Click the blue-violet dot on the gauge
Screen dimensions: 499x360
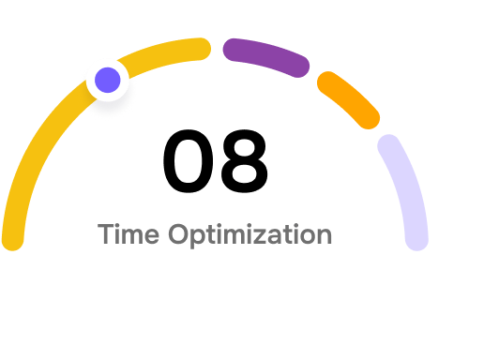108,80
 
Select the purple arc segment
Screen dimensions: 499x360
266,54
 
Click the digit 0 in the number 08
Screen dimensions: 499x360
189,161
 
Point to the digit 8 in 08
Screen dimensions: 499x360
244,161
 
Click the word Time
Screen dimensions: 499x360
129,234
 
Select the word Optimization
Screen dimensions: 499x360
250,235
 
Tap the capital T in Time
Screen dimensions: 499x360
106,234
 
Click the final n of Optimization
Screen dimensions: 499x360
324,236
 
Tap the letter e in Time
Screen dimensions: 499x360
152,237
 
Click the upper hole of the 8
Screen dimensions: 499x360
244,147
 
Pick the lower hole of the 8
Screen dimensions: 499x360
244,173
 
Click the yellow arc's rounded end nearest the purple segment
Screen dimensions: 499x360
200,49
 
